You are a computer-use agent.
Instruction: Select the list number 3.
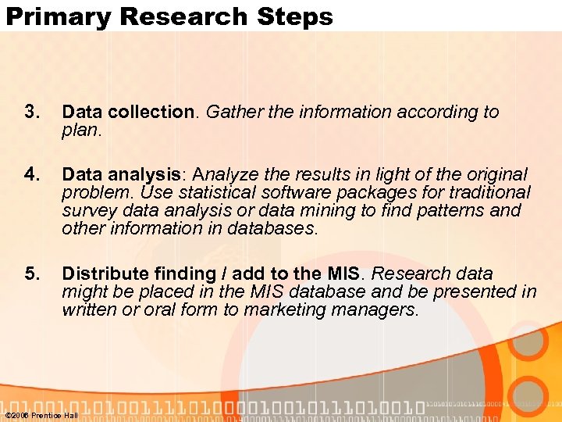point(31,112)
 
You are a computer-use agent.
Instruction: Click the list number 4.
point(31,174)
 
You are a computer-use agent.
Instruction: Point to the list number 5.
point(31,274)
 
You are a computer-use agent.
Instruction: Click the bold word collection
point(150,112)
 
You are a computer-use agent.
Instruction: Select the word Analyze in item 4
point(226,174)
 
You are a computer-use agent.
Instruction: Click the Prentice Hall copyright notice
point(41,415)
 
